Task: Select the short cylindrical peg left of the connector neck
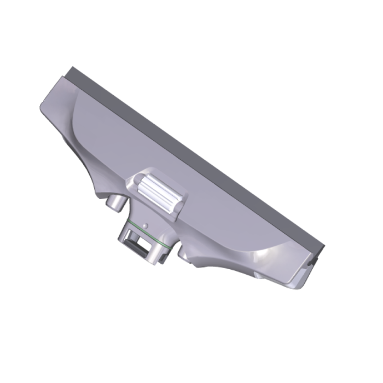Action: click(x=114, y=202)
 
